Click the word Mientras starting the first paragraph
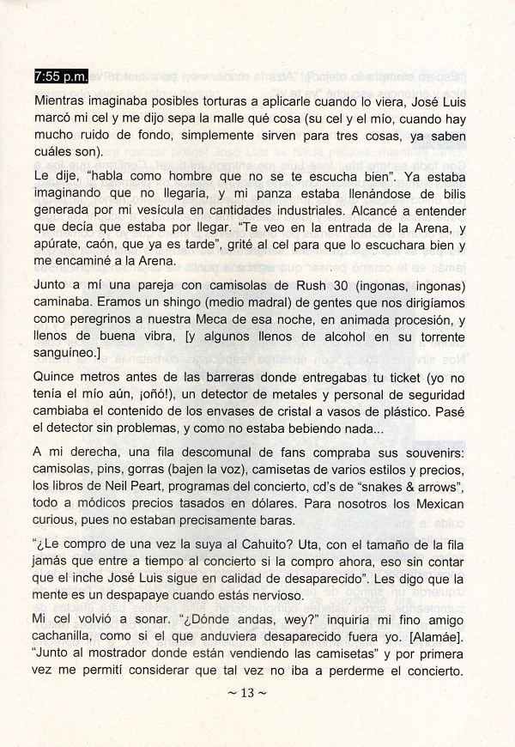pos(62,100)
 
